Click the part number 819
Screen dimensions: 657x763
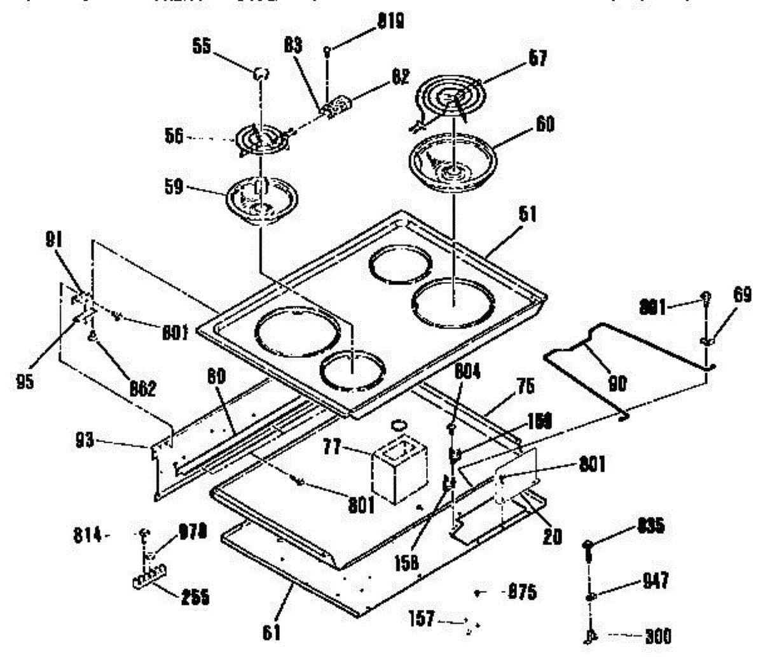[x=390, y=22]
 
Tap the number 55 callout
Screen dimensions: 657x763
[x=202, y=48]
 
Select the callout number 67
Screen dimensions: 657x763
[x=537, y=59]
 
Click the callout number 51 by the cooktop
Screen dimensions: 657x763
[x=527, y=215]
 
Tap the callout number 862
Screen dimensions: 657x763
[x=141, y=388]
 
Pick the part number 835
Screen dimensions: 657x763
[x=650, y=526]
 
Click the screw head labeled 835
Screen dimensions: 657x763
[x=588, y=545]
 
